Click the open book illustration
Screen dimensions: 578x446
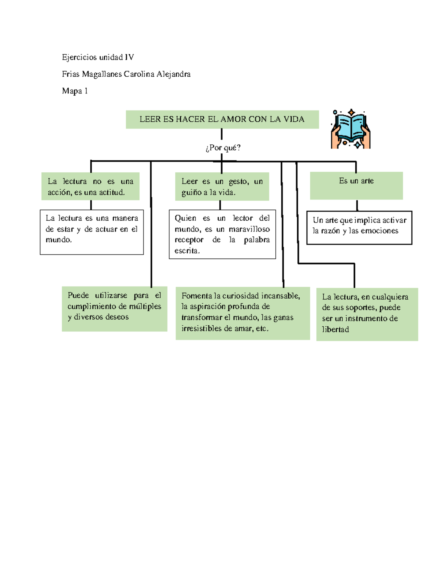pos(350,129)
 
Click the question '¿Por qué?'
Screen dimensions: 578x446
pos(223,148)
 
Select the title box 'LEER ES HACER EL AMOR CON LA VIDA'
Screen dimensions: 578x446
pos(222,119)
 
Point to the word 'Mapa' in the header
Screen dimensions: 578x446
pos(72,91)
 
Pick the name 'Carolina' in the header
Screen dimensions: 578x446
pos(139,74)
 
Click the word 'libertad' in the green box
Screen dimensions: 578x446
pos(335,329)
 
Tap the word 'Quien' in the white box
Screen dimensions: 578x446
pos(185,218)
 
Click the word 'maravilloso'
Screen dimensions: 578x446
pos(249,229)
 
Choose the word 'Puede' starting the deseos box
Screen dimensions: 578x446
pos(78,296)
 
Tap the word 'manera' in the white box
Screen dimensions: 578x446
pos(125,218)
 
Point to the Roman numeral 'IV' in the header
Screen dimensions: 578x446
pos(129,57)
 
